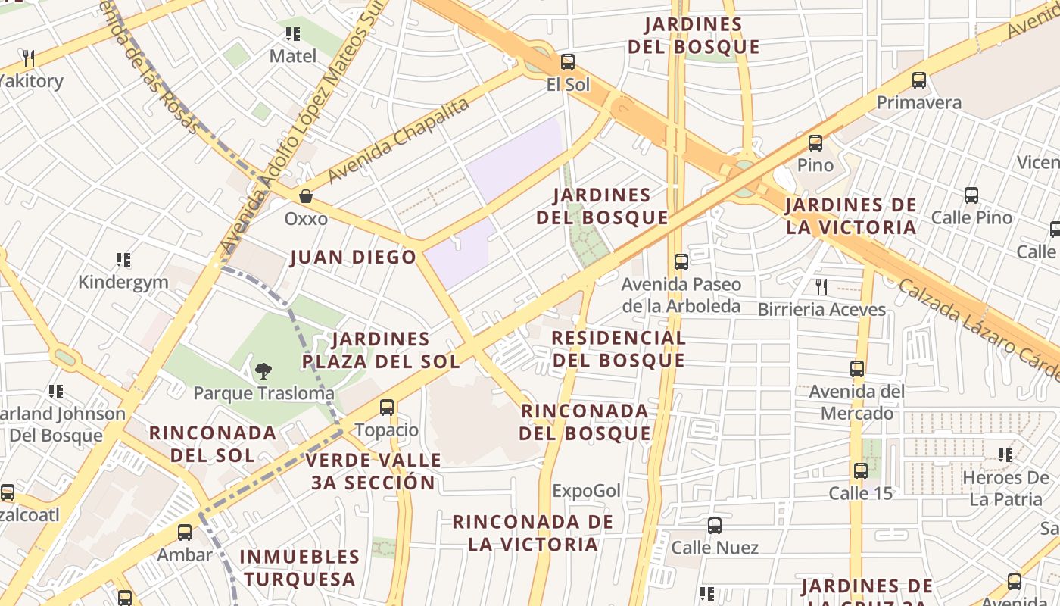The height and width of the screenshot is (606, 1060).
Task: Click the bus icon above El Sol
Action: coord(567,62)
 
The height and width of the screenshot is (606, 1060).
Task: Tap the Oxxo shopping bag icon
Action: coord(306,196)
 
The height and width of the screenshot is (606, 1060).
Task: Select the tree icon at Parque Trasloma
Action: coord(263,371)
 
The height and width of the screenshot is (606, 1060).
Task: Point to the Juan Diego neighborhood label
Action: coord(354,258)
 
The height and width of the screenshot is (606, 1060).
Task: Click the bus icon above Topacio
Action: coord(387,408)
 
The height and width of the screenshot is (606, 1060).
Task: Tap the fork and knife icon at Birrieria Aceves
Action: coord(821,286)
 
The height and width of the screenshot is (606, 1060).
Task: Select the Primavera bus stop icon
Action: coord(919,80)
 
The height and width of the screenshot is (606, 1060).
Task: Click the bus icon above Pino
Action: coord(815,142)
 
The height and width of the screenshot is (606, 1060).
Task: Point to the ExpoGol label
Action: coord(586,491)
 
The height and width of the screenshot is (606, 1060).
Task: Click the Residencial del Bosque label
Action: coord(619,348)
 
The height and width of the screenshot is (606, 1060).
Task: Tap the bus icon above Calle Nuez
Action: coord(715,525)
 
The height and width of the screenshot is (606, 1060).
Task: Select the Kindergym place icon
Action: coord(123,260)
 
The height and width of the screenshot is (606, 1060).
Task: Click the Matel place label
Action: coord(293,56)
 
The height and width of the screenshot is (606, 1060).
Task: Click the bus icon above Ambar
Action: coord(185,532)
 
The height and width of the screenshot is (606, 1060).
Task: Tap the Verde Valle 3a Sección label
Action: coord(374,471)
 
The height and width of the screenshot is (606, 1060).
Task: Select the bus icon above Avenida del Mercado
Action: coord(857,369)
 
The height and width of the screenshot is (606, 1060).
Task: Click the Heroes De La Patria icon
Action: coord(1005,455)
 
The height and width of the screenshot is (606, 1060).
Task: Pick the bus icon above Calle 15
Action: coord(861,470)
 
